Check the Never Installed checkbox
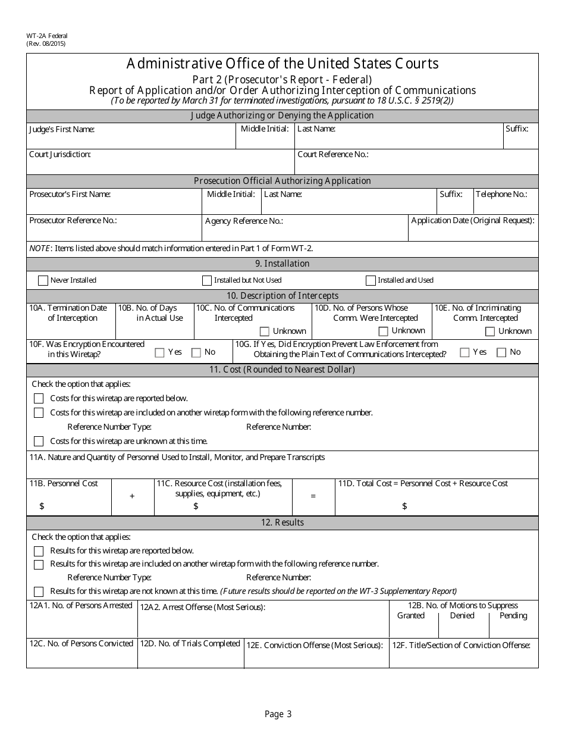click(43, 280)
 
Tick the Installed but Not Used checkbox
click(207, 280)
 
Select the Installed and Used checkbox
click(371, 280)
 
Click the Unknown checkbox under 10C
click(265, 331)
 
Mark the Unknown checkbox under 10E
click(490, 331)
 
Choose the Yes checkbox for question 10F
click(159, 352)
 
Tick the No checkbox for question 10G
click(501, 352)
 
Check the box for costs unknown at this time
click(39, 441)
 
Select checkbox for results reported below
click(39, 551)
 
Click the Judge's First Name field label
click(62, 129)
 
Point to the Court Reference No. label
click(333, 154)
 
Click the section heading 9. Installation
click(282, 264)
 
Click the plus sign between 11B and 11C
click(132, 496)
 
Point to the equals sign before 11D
click(313, 496)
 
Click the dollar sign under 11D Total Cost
click(404, 506)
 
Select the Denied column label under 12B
click(462, 615)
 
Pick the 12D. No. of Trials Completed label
click(190, 643)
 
